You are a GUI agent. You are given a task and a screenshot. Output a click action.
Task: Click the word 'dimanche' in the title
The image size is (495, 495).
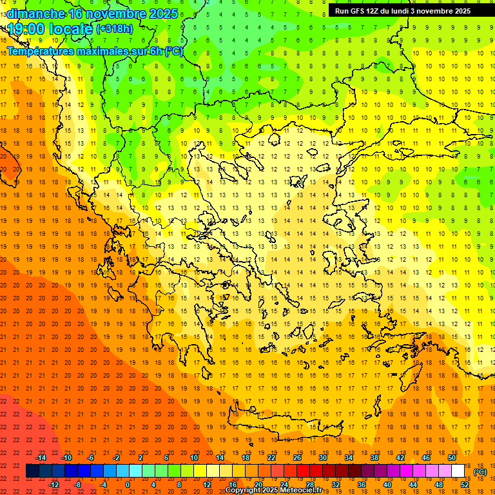35,13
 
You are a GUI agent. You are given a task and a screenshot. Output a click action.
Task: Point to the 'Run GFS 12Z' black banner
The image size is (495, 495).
402,10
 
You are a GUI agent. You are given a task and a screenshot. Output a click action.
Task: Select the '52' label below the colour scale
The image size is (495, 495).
465,485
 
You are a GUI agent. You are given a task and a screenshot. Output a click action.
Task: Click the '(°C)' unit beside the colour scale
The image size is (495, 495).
480,472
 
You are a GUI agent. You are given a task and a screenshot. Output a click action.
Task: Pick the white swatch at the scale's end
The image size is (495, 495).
458,471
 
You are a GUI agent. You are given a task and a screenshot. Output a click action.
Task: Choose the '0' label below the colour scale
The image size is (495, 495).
128,485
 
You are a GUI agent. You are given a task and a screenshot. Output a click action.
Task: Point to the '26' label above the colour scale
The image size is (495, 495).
297,458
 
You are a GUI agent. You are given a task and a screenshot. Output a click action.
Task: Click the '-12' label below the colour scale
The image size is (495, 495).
53,485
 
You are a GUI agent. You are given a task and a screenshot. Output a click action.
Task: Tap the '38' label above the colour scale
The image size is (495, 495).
374,458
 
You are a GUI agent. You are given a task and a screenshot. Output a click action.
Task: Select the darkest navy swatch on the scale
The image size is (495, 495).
32,471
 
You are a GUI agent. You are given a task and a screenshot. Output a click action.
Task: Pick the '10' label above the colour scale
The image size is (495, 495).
193,458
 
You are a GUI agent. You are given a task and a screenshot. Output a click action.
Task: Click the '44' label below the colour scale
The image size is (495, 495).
413,485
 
